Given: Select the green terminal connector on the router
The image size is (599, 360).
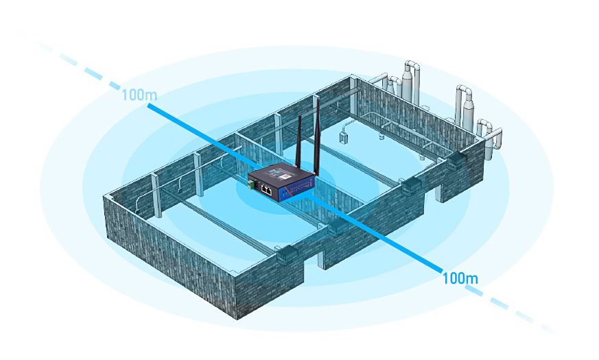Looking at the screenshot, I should pyautogui.click(x=254, y=185).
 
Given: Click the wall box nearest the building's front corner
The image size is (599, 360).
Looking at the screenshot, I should pyautogui.click(x=285, y=255).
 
